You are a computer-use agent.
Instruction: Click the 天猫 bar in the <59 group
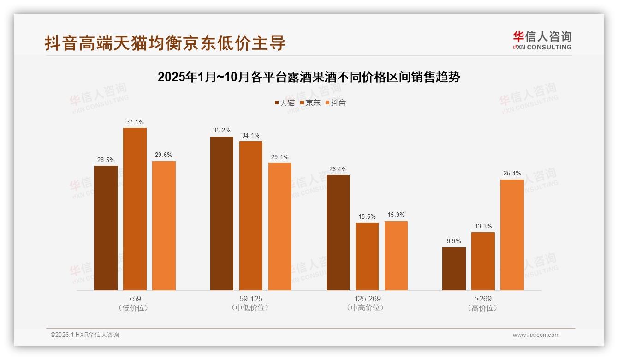[106, 228]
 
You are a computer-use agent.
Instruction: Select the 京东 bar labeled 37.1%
[135, 209]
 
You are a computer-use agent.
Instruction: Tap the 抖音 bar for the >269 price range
[512, 234]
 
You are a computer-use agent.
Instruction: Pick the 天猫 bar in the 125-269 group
[338, 232]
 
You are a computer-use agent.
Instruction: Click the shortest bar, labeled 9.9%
[454, 269]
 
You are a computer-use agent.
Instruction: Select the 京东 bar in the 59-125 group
[251, 216]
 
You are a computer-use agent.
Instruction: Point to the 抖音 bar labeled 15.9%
[396, 255]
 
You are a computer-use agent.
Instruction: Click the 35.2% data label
[222, 131]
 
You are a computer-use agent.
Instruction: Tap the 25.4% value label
[512, 174]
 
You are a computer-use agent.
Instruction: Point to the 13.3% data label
[483, 226]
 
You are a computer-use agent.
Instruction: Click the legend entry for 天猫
[284, 103]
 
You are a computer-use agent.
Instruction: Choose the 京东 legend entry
[310, 103]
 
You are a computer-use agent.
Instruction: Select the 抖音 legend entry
[336, 103]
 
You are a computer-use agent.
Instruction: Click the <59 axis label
[135, 299]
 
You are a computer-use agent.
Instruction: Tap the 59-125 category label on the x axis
[251, 299]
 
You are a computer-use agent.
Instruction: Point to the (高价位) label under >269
[483, 308]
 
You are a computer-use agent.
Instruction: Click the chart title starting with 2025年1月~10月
[309, 77]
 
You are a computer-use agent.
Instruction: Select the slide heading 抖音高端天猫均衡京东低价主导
[165, 43]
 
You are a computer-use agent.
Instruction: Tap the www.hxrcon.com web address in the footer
[536, 335]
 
